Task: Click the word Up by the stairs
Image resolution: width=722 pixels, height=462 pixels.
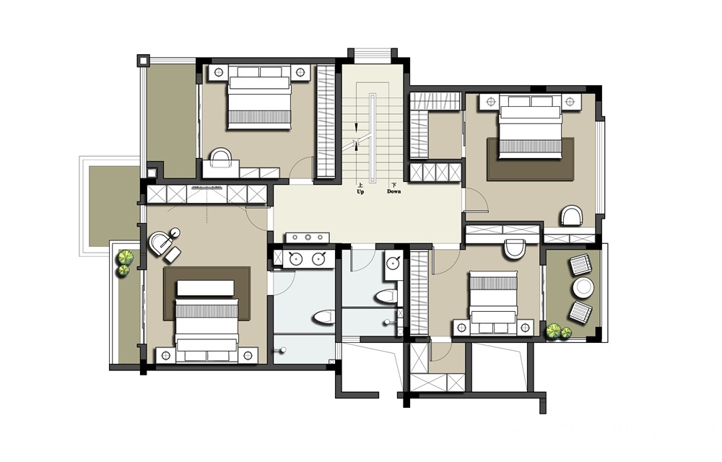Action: [360, 192]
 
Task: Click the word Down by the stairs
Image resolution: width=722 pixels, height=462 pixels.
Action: [393, 192]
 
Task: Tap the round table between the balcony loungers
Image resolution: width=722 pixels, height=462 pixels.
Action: [583, 288]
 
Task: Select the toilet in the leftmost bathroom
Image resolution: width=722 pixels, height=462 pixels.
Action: [324, 317]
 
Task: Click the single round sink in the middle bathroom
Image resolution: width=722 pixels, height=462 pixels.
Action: [392, 263]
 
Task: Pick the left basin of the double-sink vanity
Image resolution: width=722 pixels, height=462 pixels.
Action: [295, 259]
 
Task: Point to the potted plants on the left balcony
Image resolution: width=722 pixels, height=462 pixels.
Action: [124, 263]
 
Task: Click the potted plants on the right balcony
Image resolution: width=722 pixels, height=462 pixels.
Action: [559, 332]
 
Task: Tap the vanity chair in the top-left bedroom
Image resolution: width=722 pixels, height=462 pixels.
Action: [221, 158]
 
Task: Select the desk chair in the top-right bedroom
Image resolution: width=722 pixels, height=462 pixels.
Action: [572, 216]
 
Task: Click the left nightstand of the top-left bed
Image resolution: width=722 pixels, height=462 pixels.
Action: [219, 73]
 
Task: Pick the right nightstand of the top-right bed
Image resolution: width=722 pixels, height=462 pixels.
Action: [570, 102]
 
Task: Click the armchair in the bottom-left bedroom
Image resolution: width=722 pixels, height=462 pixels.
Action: [161, 243]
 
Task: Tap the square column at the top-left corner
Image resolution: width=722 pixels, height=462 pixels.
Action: [143, 60]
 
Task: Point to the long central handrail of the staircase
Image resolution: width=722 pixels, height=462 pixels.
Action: [372, 139]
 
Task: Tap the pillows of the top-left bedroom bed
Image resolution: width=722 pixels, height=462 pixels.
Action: [260, 72]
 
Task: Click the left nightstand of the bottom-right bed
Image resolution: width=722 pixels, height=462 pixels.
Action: [462, 328]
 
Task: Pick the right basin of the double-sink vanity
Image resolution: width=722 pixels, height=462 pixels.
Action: [318, 259]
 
